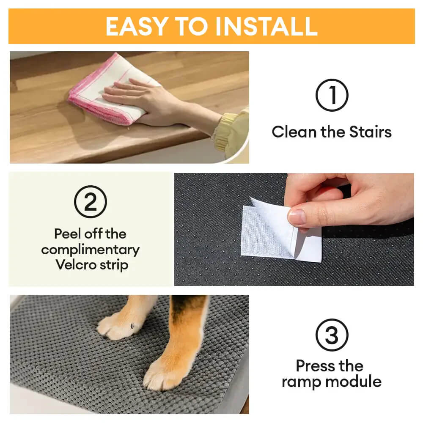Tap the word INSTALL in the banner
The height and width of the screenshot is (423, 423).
click(x=266, y=26)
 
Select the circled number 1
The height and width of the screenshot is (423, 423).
click(x=332, y=96)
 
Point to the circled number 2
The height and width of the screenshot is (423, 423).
click(x=91, y=202)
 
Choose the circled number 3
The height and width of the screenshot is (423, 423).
click(x=332, y=335)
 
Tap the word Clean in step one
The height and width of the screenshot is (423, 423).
click(x=294, y=132)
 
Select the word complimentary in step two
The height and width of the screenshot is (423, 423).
click(x=91, y=250)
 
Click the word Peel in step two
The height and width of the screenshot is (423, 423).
click(x=68, y=233)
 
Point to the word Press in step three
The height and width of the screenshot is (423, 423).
click(x=312, y=365)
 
